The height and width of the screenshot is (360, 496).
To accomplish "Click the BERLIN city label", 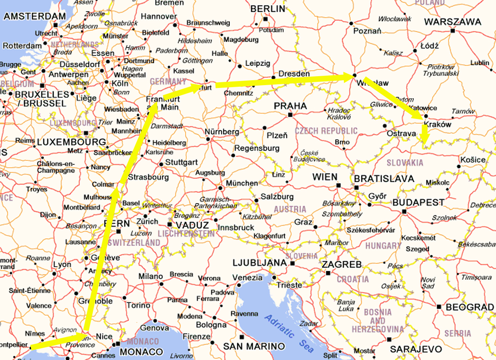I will [x=267, y=9].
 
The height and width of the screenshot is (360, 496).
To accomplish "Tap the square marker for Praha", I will [x=290, y=115].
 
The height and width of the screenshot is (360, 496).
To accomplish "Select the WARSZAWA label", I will [x=452, y=22].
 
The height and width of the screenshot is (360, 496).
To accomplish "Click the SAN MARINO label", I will [x=253, y=346].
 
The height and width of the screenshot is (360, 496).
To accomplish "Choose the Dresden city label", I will [x=294, y=74].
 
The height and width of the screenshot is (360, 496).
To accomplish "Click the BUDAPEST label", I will [x=418, y=202].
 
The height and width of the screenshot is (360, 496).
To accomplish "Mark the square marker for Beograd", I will [x=439, y=307].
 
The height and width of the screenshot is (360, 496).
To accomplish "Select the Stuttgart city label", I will [x=181, y=162].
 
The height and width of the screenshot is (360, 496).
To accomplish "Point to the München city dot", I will [x=220, y=188].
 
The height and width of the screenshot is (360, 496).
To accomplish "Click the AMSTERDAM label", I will [x=35, y=16].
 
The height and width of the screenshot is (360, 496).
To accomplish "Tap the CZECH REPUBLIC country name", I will [x=326, y=131].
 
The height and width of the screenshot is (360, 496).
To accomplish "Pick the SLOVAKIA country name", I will [x=405, y=162].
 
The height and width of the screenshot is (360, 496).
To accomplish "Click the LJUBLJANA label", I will [x=260, y=263].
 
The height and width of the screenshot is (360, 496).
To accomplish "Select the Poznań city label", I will [x=367, y=31].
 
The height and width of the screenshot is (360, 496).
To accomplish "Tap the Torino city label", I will [x=139, y=305].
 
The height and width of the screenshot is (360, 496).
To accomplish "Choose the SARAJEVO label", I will [x=416, y=349].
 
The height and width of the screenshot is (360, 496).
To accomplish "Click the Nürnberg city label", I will [x=222, y=132].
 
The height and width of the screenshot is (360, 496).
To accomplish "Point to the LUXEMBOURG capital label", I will [x=72, y=142].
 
